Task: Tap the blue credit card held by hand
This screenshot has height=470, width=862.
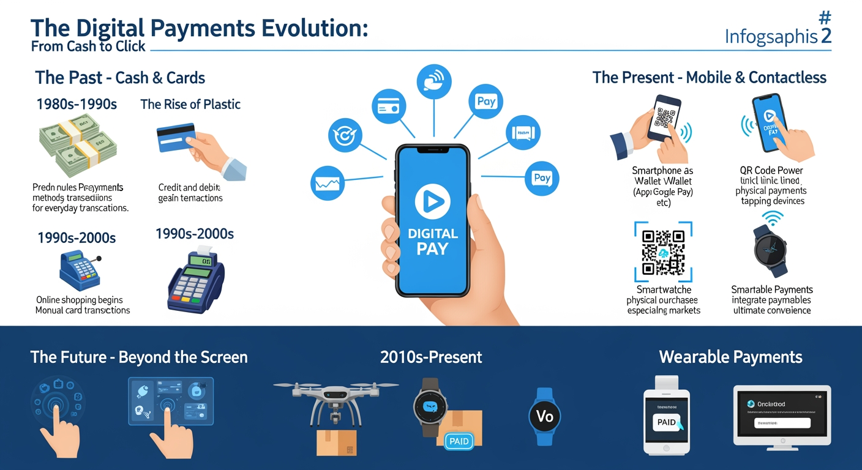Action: click(176, 138)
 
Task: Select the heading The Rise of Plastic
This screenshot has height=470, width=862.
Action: click(190, 104)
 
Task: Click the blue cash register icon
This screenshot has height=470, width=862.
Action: click(79, 270)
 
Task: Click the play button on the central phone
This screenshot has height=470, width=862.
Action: click(432, 203)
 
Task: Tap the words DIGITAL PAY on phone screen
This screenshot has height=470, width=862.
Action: click(432, 241)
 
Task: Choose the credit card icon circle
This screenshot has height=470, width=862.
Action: click(388, 109)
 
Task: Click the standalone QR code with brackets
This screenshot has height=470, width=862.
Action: click(663, 252)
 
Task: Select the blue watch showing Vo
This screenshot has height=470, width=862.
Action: click(544, 416)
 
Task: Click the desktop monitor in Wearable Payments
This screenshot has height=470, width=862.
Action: click(782, 414)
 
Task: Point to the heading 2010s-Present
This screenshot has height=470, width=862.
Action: click(431, 357)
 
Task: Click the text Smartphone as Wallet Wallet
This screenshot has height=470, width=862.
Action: click(662, 176)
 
